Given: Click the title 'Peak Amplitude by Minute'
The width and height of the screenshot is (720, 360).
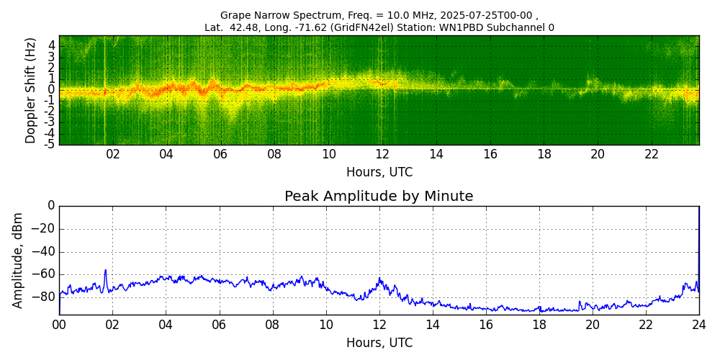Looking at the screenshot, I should tap(379, 197).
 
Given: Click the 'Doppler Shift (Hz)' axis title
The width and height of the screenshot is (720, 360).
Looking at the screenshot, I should tap(31, 90).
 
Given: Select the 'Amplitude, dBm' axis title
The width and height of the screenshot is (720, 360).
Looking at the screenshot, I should tap(19, 260).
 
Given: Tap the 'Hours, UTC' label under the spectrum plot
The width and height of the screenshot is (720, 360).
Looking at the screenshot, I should tap(379, 173).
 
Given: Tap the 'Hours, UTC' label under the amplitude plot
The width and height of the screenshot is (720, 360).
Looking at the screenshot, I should tap(379, 343).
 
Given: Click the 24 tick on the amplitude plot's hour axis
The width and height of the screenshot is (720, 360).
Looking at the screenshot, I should tap(698, 325).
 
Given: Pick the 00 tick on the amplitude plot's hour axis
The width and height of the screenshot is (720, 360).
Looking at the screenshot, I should tap(59, 325).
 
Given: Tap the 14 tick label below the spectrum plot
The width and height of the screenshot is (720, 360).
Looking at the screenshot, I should tap(436, 154).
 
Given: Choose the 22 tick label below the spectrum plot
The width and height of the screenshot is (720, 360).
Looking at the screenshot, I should tap(652, 154).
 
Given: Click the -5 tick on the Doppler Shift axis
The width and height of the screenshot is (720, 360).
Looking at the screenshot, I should tap(50, 144).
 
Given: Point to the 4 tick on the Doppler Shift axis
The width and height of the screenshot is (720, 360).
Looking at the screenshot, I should tap(52, 45).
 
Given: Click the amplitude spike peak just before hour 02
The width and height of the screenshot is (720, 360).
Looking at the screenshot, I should tap(106, 270).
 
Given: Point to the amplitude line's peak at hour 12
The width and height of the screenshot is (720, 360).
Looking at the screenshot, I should tap(379, 279).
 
